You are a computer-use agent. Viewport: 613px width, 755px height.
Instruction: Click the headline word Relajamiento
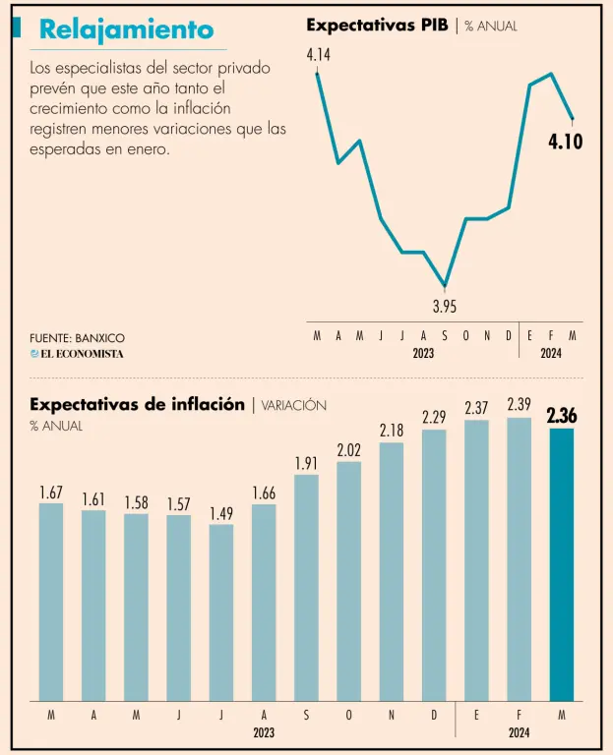pos(126,30)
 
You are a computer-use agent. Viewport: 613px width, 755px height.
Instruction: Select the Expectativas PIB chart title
pos(378,26)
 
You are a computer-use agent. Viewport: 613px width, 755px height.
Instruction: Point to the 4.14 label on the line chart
pos(318,55)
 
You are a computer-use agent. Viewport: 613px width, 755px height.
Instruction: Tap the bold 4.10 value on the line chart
pos(565,142)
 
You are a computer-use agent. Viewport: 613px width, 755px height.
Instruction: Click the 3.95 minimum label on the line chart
pos(445,306)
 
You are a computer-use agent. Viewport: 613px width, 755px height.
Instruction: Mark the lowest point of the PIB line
pos(446,286)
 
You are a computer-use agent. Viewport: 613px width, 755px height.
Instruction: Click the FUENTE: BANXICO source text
pos(78,338)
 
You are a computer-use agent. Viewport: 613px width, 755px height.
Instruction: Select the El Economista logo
pos(77,354)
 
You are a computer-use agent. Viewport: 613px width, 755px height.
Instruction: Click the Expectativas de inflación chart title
pos(137,404)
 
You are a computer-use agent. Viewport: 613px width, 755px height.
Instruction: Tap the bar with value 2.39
pos(519,558)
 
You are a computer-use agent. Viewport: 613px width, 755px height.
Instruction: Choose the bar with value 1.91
pos(306,587)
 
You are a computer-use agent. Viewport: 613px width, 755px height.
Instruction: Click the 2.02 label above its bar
pos(348,450)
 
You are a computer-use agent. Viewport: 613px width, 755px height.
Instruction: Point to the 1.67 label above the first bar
pos(51,492)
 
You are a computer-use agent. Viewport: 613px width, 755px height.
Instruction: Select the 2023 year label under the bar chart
pos(264,732)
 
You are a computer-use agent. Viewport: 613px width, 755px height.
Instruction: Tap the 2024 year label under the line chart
pos(551,353)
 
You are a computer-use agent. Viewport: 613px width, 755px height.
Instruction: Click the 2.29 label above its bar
pos(434,418)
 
